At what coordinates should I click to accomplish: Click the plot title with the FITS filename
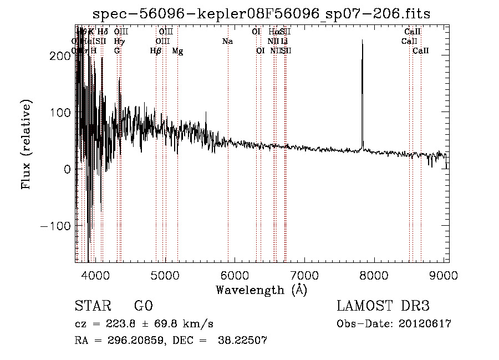262,14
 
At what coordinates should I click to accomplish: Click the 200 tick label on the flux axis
62,56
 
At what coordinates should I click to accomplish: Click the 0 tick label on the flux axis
68,169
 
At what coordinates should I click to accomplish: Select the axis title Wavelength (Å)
261,290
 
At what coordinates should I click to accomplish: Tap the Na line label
227,42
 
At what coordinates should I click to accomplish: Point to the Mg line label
177,51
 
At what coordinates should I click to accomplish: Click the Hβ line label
156,51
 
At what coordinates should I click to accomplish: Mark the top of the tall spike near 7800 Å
362,40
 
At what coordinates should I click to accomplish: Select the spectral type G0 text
143,306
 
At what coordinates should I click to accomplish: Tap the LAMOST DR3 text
383,306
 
